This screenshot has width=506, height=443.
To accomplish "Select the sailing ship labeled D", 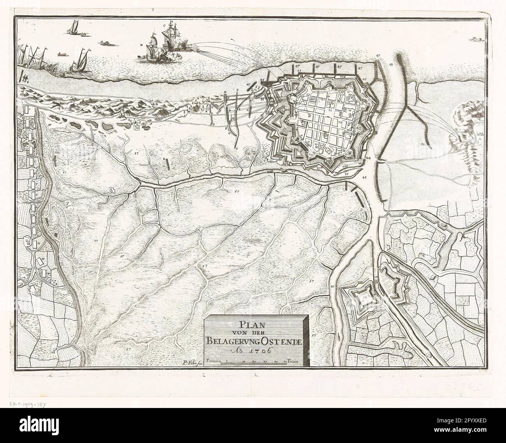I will point(151,49).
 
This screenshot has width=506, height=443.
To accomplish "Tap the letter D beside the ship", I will point(141,45).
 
